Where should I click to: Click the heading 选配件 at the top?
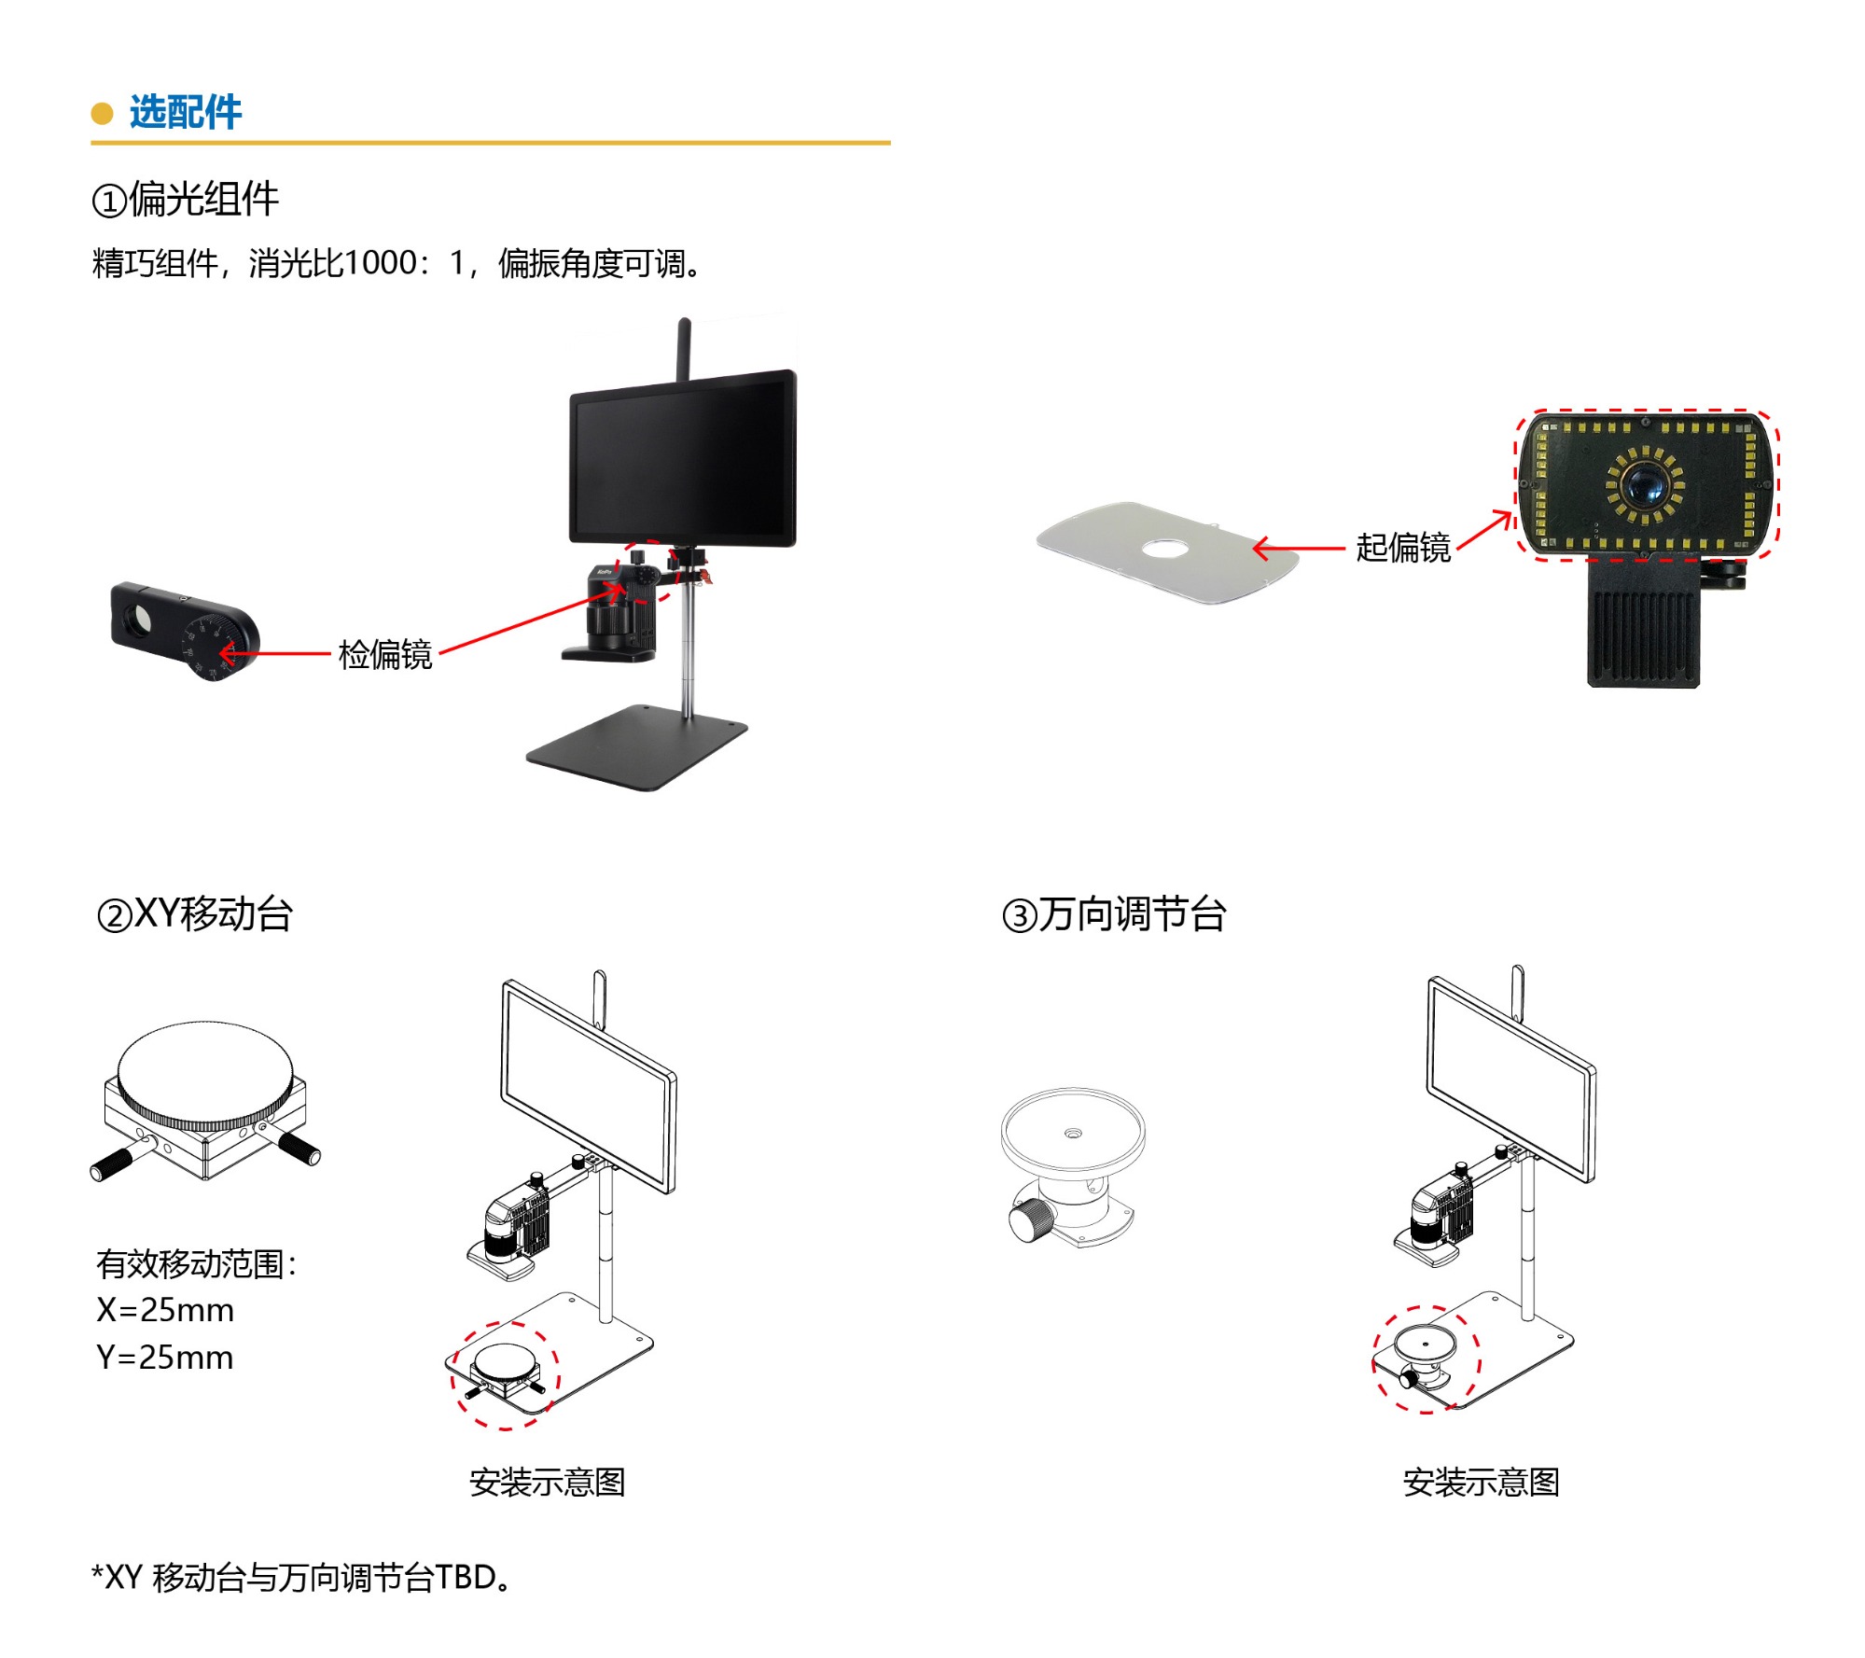tap(185, 112)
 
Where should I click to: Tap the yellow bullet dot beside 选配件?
tap(102, 114)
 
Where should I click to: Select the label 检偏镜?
tap(384, 655)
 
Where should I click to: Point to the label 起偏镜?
tap(1402, 548)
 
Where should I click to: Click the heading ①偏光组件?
tap(185, 200)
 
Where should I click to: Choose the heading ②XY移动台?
tap(194, 914)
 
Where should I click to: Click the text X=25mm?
tap(165, 1310)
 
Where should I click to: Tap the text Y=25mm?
tap(165, 1358)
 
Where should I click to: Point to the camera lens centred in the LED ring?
tap(1644, 484)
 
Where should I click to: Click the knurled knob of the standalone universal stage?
tap(1031, 1219)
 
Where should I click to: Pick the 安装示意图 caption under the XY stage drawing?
tap(547, 1483)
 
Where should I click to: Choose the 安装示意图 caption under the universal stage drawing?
tap(1481, 1483)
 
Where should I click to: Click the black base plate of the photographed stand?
tap(634, 746)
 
